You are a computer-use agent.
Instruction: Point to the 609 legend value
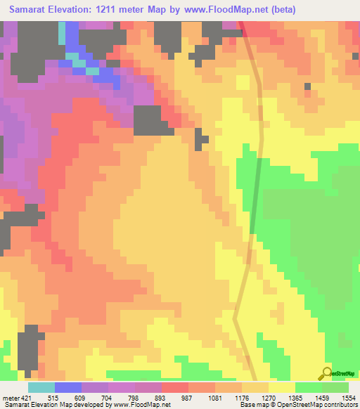(67, 397)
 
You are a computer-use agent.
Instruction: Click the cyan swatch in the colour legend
(41, 387)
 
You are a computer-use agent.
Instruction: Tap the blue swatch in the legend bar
(67, 387)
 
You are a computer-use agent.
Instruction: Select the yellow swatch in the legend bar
(281, 387)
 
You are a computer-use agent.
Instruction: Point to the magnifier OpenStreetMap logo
(326, 373)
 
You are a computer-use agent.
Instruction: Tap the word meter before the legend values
(10, 397)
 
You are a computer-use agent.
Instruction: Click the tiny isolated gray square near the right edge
(307, 86)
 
